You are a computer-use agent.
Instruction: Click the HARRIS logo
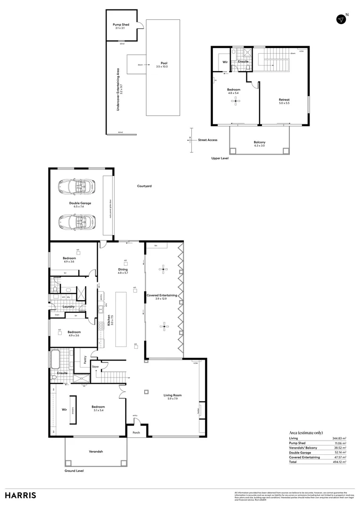(20, 495)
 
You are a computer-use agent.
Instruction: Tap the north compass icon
(341, 19)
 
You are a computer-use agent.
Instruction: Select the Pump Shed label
(121, 25)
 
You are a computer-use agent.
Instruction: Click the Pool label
(164, 63)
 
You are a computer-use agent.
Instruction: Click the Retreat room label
(284, 99)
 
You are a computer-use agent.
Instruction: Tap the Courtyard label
(144, 186)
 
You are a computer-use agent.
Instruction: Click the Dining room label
(123, 269)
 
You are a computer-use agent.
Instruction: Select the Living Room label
(172, 395)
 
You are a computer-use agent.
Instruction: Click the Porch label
(136, 432)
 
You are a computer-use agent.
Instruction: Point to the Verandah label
(96, 452)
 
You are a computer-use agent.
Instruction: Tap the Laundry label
(69, 307)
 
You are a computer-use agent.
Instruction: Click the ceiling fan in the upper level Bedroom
(234, 101)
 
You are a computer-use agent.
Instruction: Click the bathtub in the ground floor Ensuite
(56, 359)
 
